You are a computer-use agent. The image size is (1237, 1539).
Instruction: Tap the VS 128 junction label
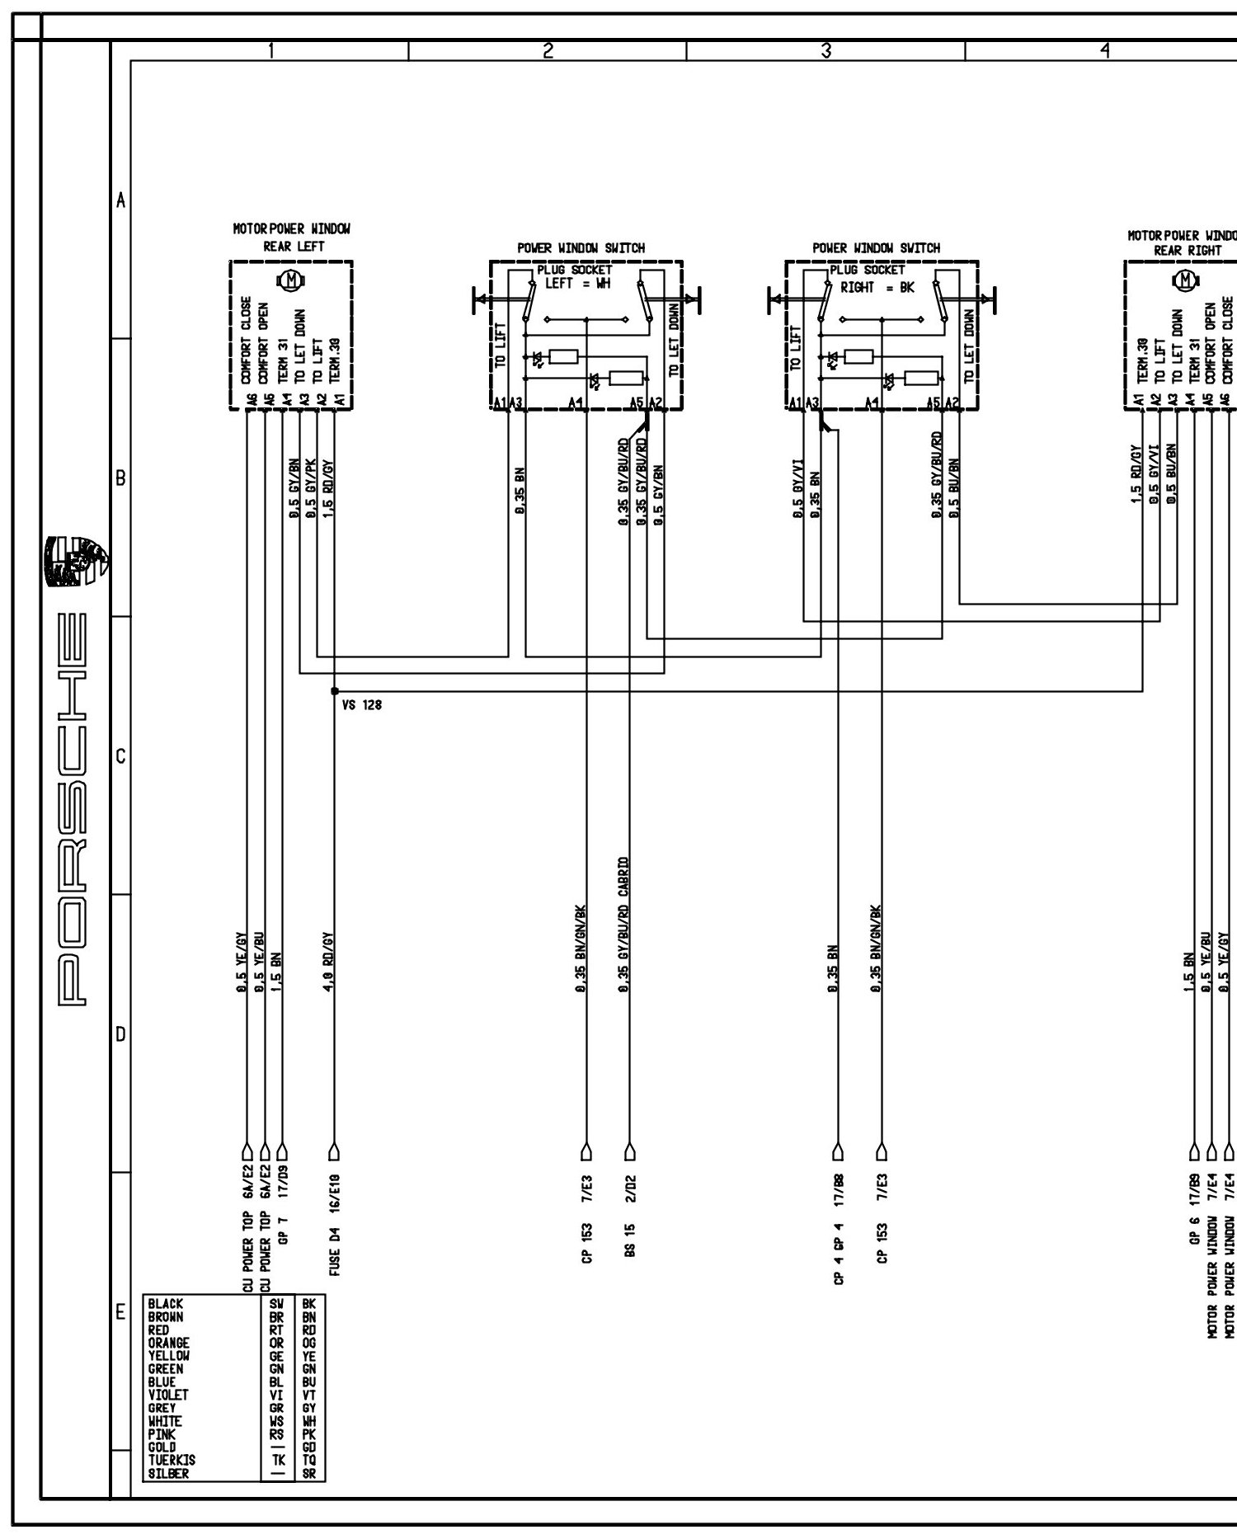(x=361, y=706)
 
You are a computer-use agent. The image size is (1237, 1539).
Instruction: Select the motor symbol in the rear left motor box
(x=290, y=280)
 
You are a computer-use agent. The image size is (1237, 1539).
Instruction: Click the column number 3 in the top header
(x=825, y=50)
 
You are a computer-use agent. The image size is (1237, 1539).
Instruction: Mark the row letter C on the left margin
(x=120, y=756)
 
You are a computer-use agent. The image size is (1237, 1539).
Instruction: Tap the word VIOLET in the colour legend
(x=168, y=1395)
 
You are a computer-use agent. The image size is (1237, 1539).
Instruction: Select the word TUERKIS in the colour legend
(x=172, y=1459)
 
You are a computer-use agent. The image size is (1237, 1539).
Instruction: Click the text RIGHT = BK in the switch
(x=877, y=288)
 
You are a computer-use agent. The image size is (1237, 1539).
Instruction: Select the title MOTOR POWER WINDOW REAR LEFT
(x=291, y=237)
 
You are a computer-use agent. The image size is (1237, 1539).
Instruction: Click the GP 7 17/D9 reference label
(x=283, y=1208)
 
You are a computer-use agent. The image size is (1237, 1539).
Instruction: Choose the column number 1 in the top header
(x=270, y=50)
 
